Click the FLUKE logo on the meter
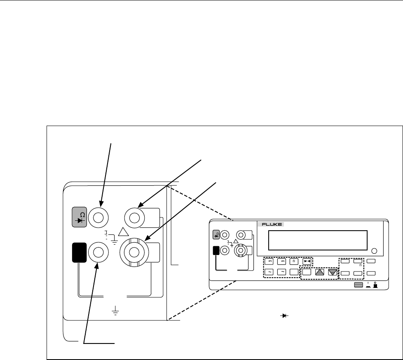(269, 224)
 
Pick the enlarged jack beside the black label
(99, 252)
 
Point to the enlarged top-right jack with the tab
(136, 217)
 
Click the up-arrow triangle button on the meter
(319, 272)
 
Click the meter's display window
(317, 240)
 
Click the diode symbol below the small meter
(284, 316)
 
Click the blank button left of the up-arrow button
(306, 272)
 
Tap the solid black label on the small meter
(216, 250)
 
